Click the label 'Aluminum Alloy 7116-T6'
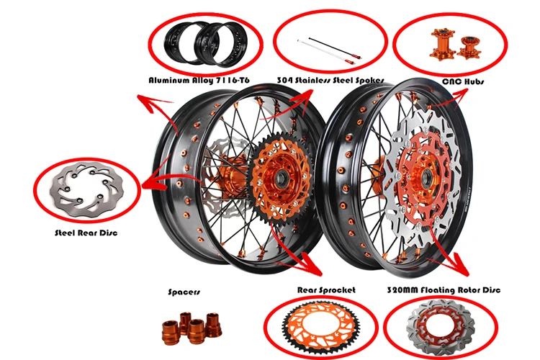(x=199, y=81)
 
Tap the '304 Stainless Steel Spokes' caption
(x=330, y=81)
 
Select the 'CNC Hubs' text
(x=463, y=81)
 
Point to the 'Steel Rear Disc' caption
(x=86, y=233)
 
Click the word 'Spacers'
(x=184, y=292)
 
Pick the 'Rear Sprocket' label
(x=326, y=290)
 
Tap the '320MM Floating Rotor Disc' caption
(x=444, y=290)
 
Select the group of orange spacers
(x=192, y=328)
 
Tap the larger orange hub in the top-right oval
(x=441, y=44)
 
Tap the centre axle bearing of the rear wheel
(x=282, y=178)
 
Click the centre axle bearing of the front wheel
(x=427, y=178)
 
